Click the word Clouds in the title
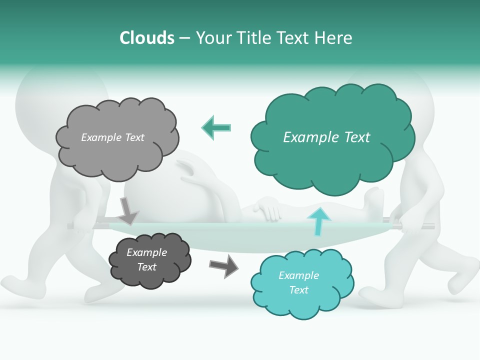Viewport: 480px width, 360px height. click(x=147, y=38)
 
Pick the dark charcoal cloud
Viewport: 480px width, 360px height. click(x=149, y=260)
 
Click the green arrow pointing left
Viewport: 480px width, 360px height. click(x=216, y=127)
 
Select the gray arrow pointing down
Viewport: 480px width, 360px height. click(x=128, y=211)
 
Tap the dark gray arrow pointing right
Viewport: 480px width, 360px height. click(x=223, y=265)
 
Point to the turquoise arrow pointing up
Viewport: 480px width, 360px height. click(x=317, y=220)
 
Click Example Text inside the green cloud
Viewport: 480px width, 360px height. click(x=326, y=137)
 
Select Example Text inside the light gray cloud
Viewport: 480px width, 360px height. click(x=112, y=137)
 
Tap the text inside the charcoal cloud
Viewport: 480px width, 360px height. click(x=146, y=260)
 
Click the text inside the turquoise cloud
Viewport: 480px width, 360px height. click(x=298, y=283)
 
